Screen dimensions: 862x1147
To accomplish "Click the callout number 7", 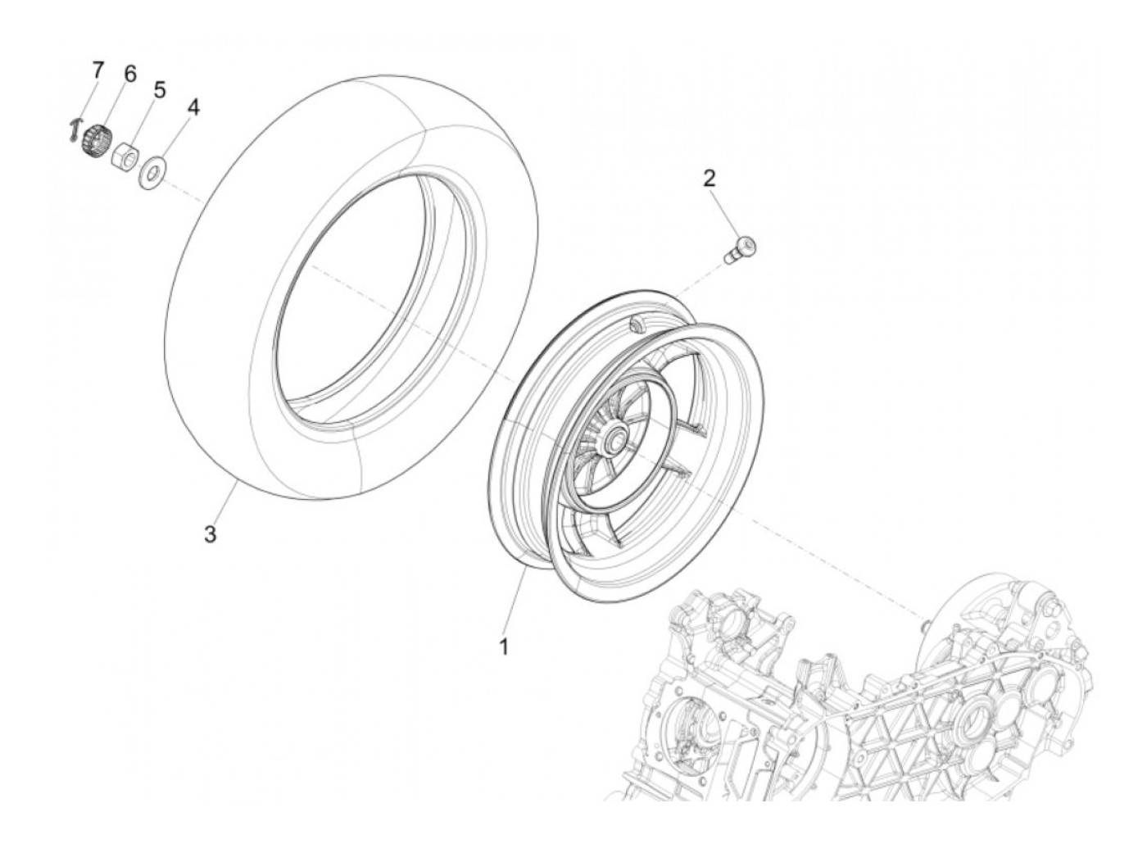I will click(97, 70).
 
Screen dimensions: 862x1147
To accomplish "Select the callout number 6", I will click(129, 74).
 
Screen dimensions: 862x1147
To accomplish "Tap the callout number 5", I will click(159, 88).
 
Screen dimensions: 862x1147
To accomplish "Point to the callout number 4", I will click(193, 107).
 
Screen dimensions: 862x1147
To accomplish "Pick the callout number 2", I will click(710, 177).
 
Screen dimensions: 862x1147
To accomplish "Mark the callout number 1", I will click(504, 646).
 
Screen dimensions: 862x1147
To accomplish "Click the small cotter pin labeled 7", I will click(76, 129).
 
